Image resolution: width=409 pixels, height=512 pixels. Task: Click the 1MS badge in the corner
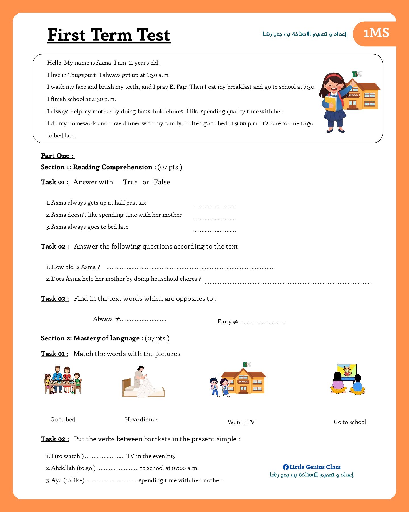point(376,33)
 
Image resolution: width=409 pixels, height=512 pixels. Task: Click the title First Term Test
point(109,35)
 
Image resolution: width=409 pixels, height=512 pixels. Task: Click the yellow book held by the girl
point(330,104)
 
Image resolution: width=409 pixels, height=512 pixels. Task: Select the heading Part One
point(57,156)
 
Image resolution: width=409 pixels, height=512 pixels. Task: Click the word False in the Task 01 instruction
point(162,182)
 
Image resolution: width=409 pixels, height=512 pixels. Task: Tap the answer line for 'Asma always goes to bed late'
point(214,230)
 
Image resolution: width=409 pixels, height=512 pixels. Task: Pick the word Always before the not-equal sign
point(103,319)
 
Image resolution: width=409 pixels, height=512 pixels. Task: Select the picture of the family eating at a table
point(63,380)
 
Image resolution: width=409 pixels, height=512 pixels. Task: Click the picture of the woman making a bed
point(143,382)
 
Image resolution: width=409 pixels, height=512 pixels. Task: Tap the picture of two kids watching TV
point(348,379)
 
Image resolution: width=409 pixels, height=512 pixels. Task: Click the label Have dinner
point(141,420)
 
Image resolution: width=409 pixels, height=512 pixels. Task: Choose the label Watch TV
point(241,422)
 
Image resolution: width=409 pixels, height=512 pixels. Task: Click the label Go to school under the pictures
point(350,422)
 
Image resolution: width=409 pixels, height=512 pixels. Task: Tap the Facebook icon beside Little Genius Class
point(286,467)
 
